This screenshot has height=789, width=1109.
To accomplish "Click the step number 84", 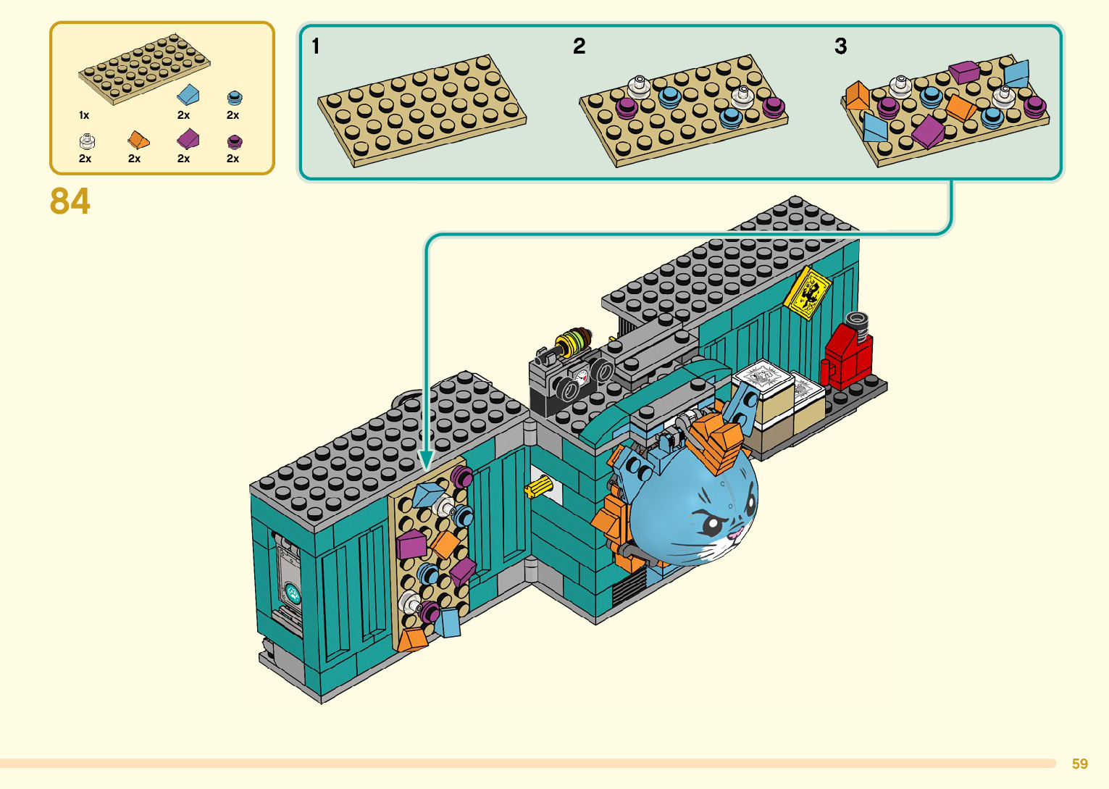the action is click(70, 201).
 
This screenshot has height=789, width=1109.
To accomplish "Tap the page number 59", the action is click(1080, 764).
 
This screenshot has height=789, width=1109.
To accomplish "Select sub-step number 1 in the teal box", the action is click(316, 46).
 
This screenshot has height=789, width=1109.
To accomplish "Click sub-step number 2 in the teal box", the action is click(579, 46).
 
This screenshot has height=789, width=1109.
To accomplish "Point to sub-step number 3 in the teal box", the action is click(841, 46).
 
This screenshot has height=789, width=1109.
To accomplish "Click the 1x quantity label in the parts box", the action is click(84, 115).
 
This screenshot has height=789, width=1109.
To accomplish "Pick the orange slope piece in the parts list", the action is click(138, 140).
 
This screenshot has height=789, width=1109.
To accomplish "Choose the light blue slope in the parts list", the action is click(188, 95).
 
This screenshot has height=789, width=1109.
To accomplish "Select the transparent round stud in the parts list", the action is click(87, 142).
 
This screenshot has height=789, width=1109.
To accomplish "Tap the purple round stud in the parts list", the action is click(235, 142).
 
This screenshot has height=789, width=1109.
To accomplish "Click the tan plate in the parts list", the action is click(144, 69).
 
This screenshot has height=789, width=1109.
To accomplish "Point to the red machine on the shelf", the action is click(847, 354).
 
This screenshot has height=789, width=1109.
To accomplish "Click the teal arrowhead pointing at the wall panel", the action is click(426, 460).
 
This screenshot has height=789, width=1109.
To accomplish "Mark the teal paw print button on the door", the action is click(291, 592).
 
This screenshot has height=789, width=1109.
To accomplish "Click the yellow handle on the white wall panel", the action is click(538, 486).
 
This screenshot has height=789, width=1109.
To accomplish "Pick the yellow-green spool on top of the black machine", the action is click(573, 342).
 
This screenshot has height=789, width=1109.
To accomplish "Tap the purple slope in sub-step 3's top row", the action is click(963, 72).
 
